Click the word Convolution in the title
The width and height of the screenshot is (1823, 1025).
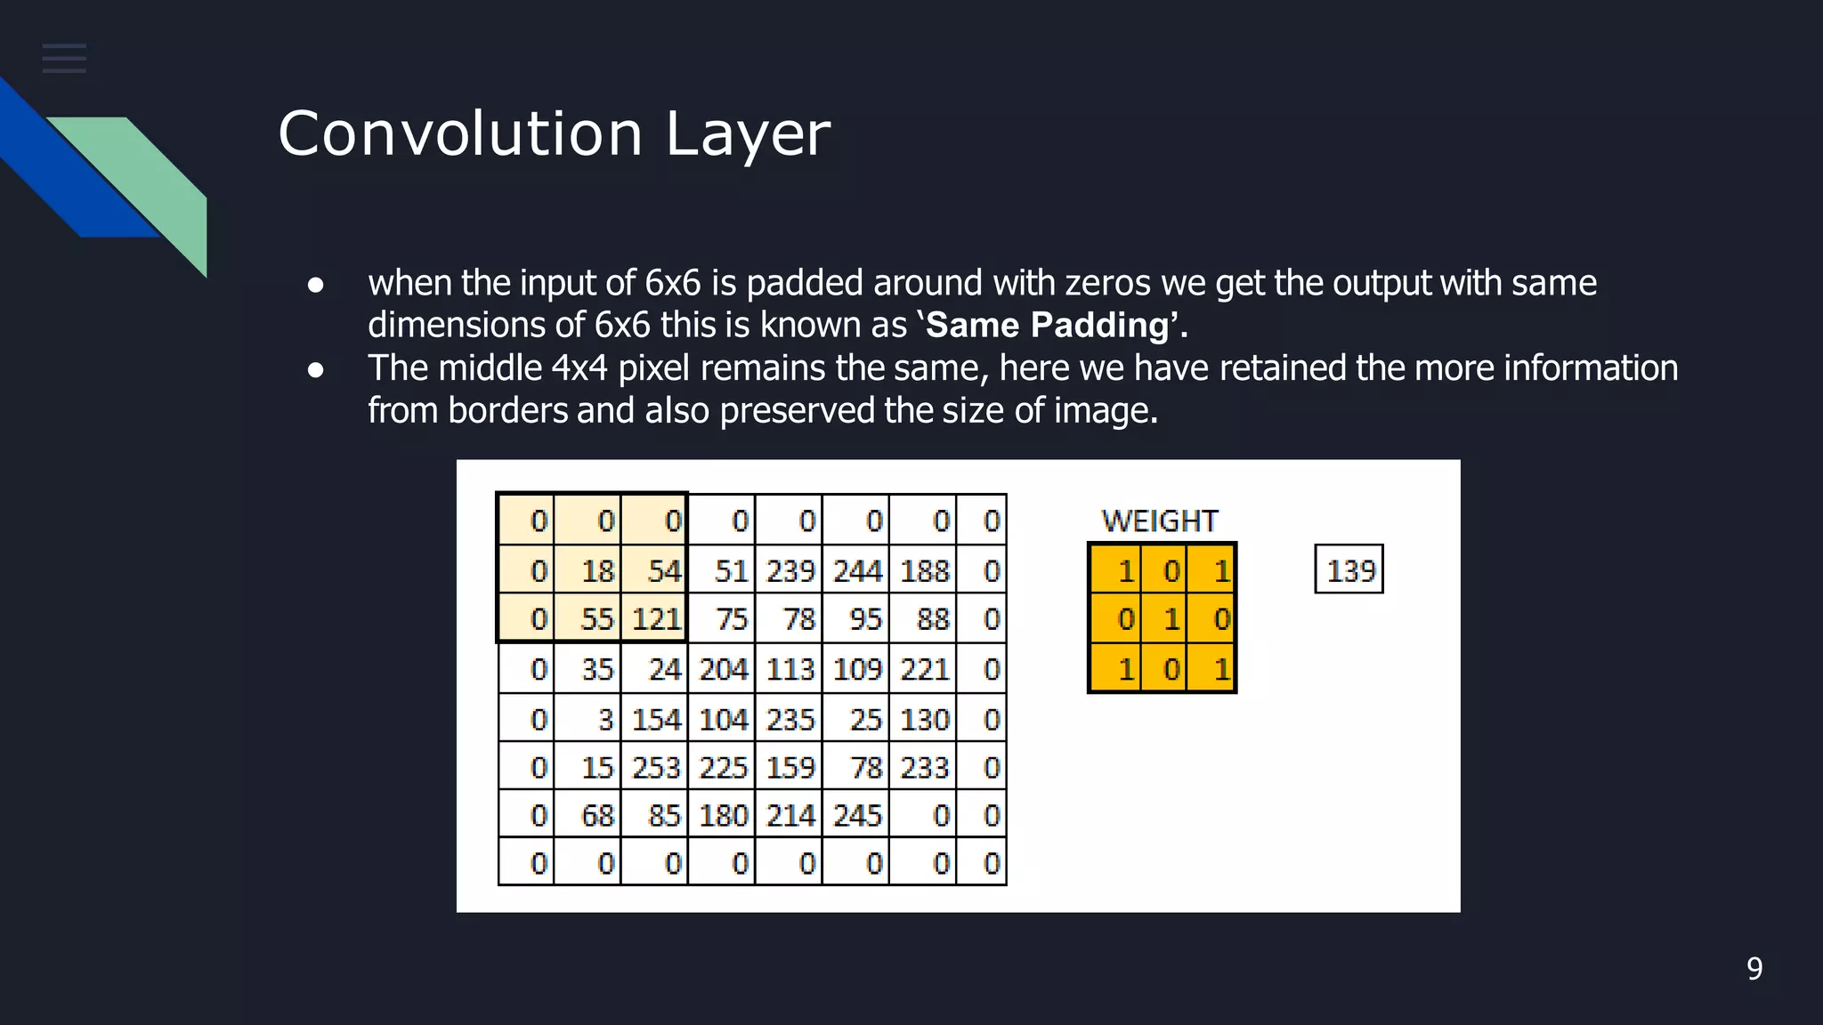pyautogui.click(x=459, y=134)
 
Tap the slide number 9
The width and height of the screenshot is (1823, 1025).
pyautogui.click(x=1754, y=968)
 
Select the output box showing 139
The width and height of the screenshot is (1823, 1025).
pyautogui.click(x=1349, y=569)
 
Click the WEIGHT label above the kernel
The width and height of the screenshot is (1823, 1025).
pyautogui.click(x=1159, y=521)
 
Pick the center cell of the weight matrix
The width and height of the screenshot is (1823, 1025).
pyautogui.click(x=1163, y=618)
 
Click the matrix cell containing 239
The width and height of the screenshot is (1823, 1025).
pyautogui.click(x=790, y=570)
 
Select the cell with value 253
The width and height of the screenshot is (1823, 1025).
pyautogui.click(x=655, y=767)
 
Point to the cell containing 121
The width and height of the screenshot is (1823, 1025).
pyautogui.click(x=655, y=618)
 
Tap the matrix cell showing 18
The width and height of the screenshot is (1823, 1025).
pyautogui.click(x=588, y=570)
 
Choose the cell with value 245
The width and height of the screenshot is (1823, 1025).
pyautogui.click(x=856, y=815)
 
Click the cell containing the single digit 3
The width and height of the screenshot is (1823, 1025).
pyautogui.click(x=588, y=719)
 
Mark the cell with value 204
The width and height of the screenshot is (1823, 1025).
pyautogui.click(x=722, y=669)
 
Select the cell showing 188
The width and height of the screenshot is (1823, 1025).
pyautogui.click(x=923, y=570)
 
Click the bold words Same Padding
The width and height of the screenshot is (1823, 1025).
pyautogui.click(x=1047, y=326)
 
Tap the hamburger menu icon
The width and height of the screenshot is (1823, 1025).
pyautogui.click(x=64, y=59)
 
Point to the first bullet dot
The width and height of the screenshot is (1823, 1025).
pyautogui.click(x=315, y=285)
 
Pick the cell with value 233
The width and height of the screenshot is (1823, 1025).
pyautogui.click(x=923, y=767)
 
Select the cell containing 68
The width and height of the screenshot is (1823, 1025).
pyautogui.click(x=588, y=815)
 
